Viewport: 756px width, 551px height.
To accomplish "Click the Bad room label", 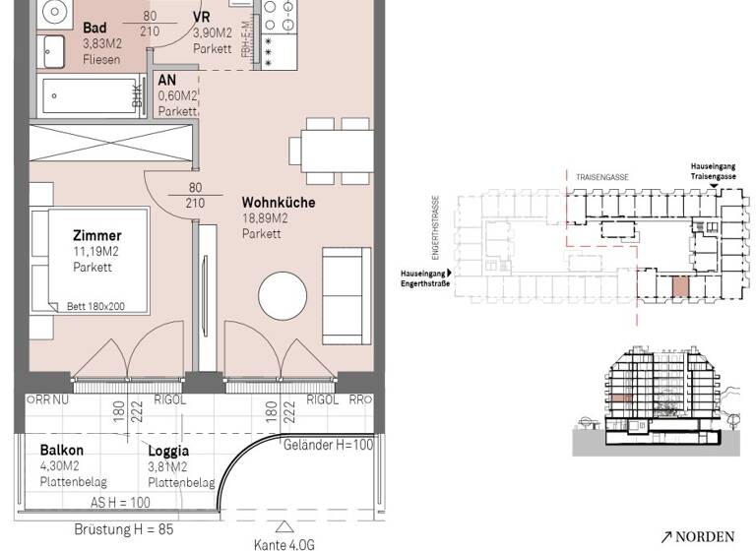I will click(95, 28).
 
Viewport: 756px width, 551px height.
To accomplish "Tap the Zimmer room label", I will click(96, 236).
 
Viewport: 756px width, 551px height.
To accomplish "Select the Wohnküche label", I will click(278, 203).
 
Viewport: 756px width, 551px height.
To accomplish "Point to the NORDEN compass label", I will click(698, 536).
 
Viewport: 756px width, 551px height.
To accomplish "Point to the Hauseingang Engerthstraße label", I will click(423, 278).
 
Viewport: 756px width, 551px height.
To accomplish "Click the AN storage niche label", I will click(167, 82).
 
